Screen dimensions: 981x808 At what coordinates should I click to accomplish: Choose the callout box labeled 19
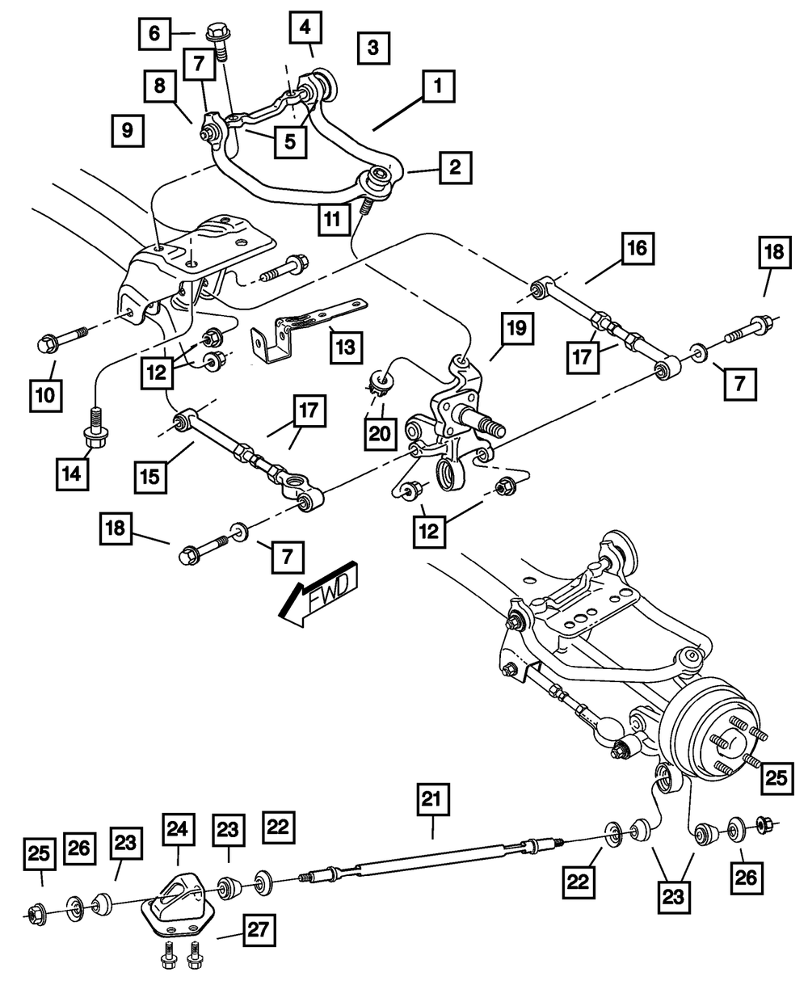516,328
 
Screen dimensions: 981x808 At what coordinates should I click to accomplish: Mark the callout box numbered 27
256,932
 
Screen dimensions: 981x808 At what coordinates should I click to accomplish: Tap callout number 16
638,248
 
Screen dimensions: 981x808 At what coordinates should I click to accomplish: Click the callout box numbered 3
372,47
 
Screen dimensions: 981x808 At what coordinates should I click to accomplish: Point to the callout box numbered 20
380,434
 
